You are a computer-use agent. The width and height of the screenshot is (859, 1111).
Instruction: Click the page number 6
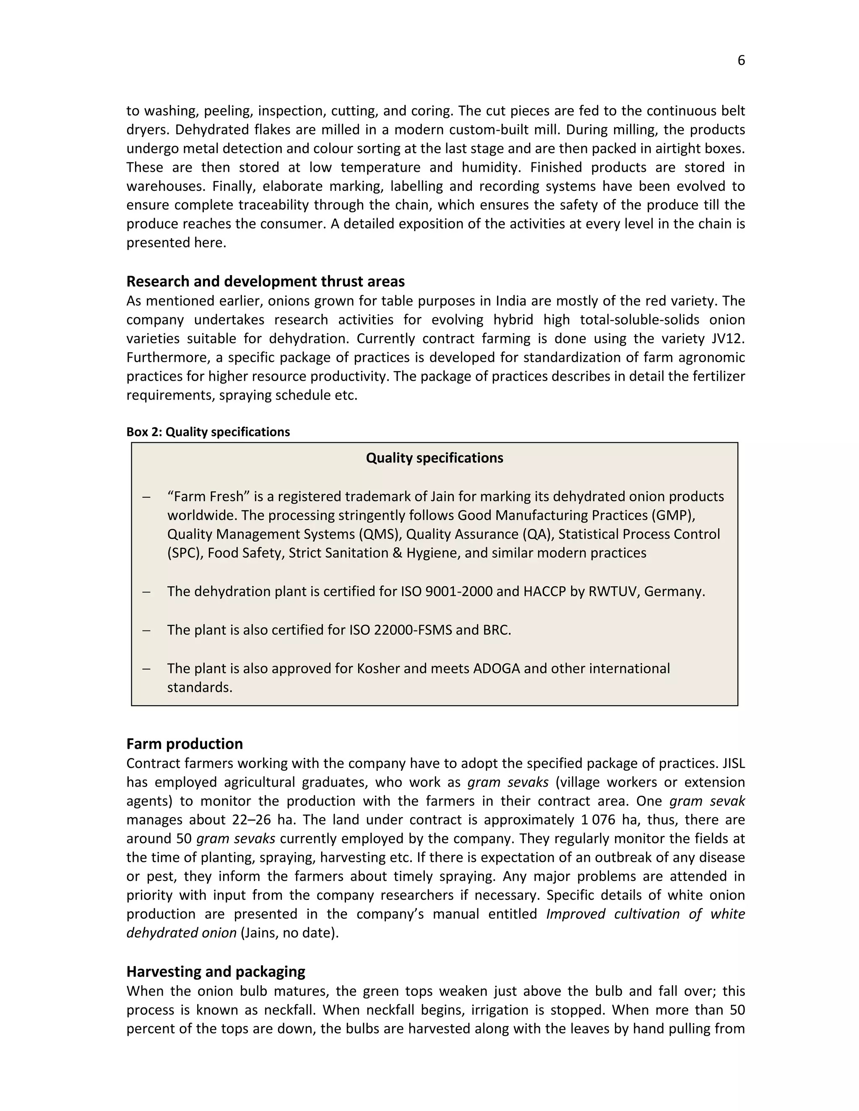(741, 60)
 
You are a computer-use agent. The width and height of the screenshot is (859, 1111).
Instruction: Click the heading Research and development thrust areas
(265, 281)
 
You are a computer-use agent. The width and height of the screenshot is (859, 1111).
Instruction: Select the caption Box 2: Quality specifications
(208, 432)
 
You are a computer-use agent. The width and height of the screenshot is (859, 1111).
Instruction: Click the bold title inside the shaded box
(434, 458)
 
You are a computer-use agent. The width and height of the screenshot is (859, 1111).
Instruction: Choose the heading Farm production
(184, 744)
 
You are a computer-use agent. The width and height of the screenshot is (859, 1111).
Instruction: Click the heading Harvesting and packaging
(215, 972)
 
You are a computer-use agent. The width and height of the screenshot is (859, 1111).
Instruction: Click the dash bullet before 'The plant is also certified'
(146, 630)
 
